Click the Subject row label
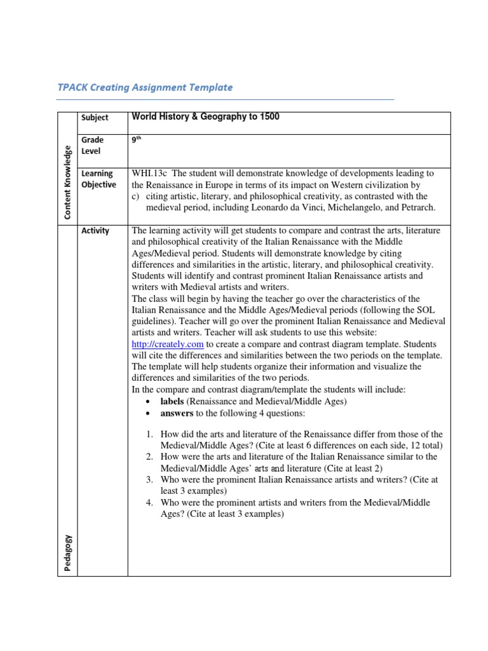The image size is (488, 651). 95,118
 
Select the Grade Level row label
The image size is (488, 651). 92,146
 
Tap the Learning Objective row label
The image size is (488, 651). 98,179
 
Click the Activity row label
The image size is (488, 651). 95,231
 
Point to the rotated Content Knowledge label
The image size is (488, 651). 67,182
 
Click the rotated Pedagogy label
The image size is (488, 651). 67,552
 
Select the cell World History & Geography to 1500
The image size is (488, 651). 205,117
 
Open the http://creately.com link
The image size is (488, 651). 167,344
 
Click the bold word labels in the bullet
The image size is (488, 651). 172,402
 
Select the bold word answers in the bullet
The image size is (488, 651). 177,413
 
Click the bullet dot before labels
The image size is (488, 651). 147,402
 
